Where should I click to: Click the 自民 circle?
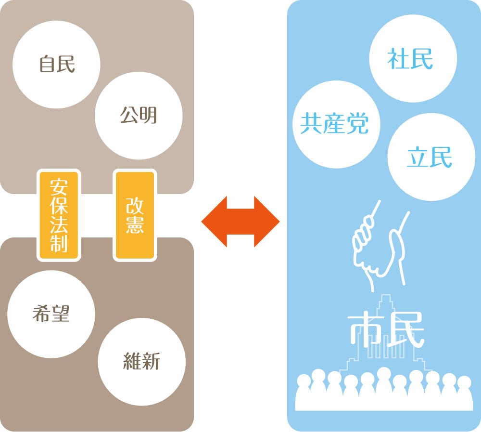click(57, 65)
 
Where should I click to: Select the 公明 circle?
click(139, 116)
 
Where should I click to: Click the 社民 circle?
click(410, 60)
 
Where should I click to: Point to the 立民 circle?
click(430, 157)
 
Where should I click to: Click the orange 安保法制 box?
click(58, 215)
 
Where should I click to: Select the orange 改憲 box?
click(135, 215)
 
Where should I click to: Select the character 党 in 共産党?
click(358, 124)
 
